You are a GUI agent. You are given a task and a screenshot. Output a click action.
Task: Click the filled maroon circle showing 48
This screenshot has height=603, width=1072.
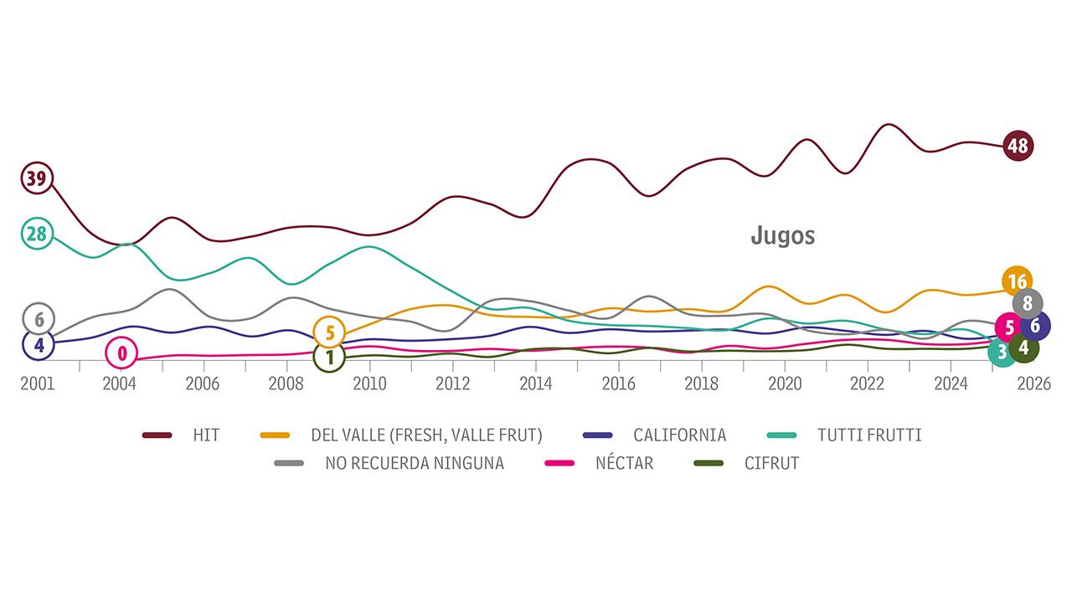pyautogui.click(x=1018, y=146)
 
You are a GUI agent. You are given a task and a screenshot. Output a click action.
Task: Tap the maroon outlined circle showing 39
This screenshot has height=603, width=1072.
pyautogui.click(x=36, y=178)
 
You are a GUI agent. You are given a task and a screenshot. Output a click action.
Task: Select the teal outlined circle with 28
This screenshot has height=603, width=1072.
pyautogui.click(x=36, y=234)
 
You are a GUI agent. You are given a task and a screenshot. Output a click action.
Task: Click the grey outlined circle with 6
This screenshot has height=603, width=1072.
pyautogui.click(x=39, y=319)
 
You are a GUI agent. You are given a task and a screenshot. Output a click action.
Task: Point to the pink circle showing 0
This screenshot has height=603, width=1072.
pyautogui.click(x=121, y=353)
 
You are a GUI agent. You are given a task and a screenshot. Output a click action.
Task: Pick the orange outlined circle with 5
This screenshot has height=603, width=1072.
pyautogui.click(x=330, y=332)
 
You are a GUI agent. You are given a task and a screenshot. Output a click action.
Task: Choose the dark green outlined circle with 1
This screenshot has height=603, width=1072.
pyautogui.click(x=329, y=358)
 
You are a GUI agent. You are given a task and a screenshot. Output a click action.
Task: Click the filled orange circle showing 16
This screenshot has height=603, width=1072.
pyautogui.click(x=1018, y=281)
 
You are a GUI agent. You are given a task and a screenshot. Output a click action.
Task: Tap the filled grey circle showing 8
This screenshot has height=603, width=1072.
pyautogui.click(x=1028, y=304)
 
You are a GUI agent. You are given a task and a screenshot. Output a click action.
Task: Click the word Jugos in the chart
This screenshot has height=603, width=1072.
pyautogui.click(x=782, y=236)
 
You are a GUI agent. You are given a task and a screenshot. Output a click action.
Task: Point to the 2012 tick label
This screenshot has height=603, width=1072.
pyautogui.click(x=452, y=383)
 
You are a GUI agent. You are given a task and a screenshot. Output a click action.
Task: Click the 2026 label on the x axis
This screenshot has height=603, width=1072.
pyautogui.click(x=1033, y=383)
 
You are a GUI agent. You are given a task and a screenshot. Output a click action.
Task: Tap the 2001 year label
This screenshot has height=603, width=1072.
pyautogui.click(x=38, y=383)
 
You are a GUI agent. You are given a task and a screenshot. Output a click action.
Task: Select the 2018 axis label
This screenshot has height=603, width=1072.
pyautogui.click(x=701, y=383)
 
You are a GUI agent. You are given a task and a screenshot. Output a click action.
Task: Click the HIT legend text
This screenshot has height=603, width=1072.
pyautogui.click(x=206, y=435)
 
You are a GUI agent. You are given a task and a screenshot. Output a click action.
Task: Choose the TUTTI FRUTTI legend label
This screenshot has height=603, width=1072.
pyautogui.click(x=869, y=435)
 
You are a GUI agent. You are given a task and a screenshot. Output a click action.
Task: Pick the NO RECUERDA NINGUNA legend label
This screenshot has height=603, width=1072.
pyautogui.click(x=415, y=463)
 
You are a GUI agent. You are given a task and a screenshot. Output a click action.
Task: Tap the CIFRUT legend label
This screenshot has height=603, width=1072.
pyautogui.click(x=771, y=463)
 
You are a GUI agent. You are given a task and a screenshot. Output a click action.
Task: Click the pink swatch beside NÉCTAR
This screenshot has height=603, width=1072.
pyautogui.click(x=559, y=463)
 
